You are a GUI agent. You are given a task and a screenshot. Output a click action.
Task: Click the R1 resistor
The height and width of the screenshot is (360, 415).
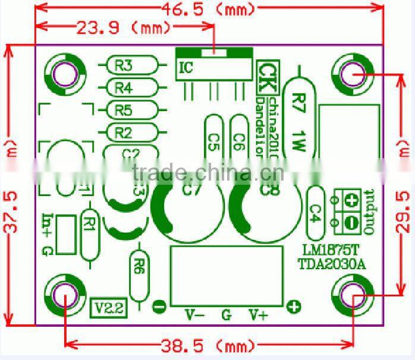pos(90,225)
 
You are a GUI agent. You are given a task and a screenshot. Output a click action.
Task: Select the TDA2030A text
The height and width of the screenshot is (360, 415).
pos(331,264)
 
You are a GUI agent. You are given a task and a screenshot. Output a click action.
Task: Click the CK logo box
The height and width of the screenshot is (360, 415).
pos(266,71)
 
